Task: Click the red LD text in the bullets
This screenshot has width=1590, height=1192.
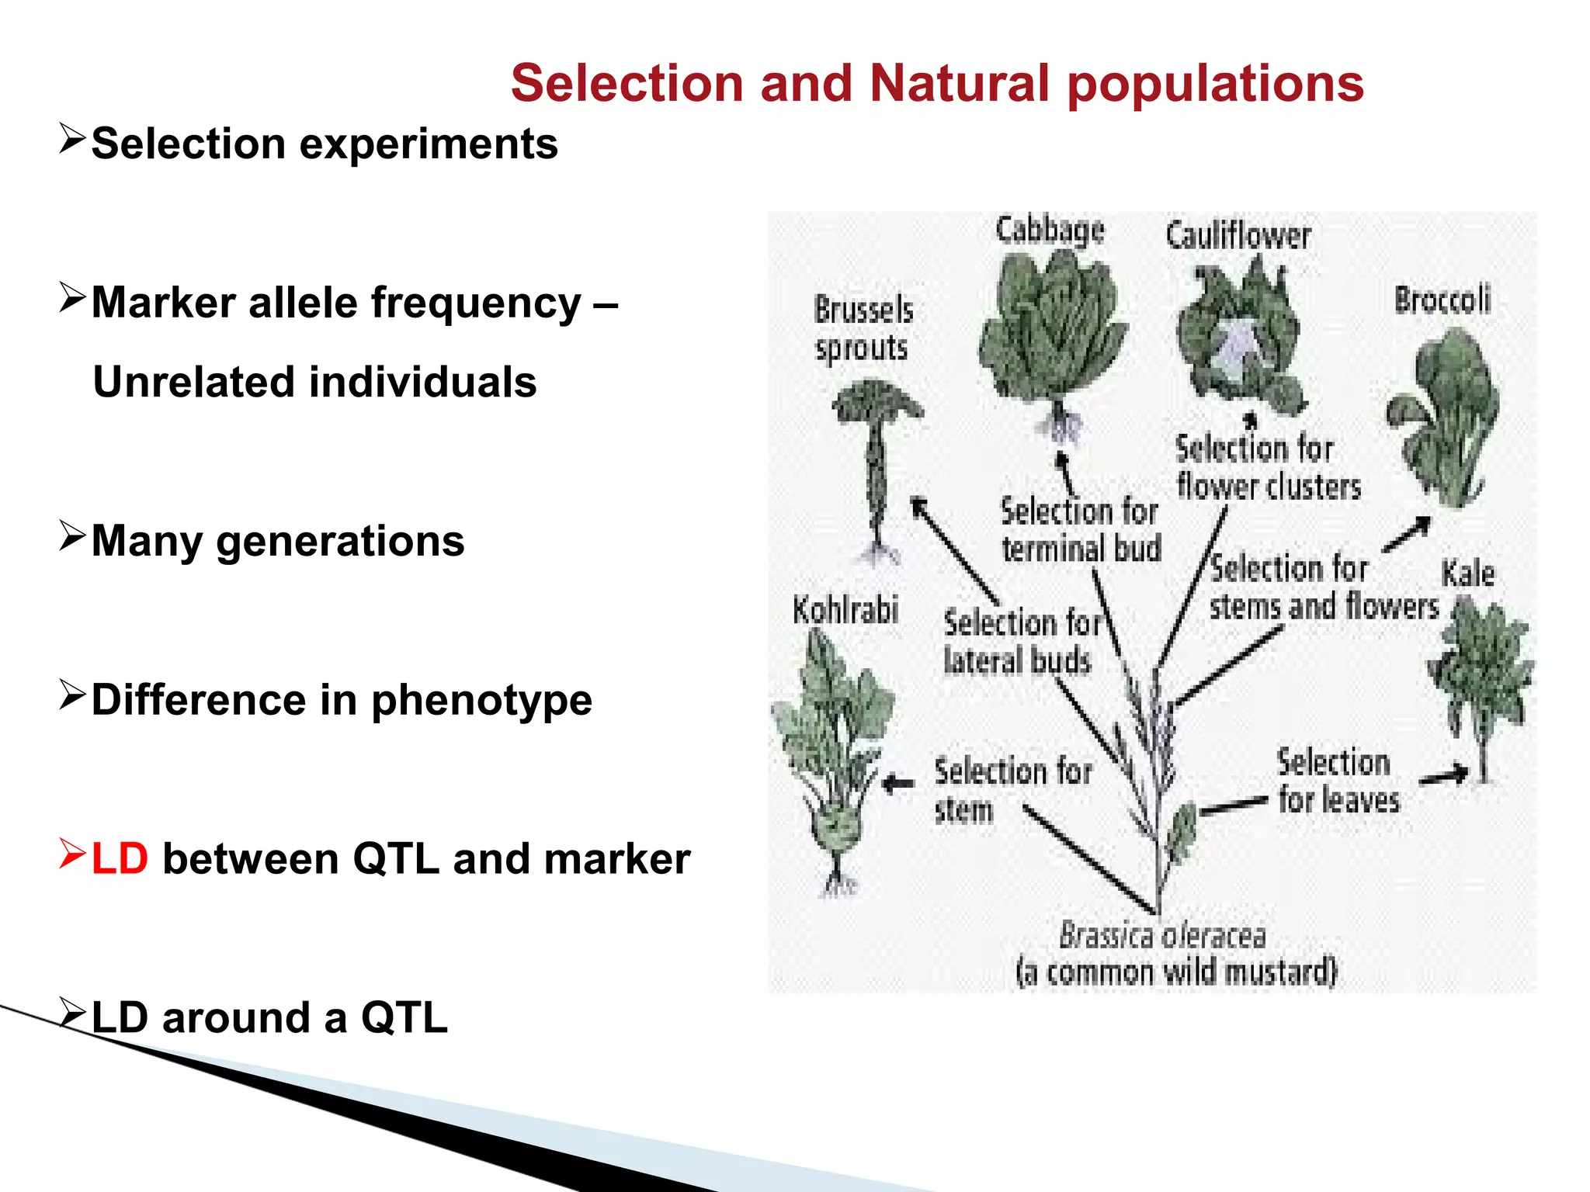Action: (x=120, y=860)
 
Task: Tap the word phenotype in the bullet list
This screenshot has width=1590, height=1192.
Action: (x=481, y=702)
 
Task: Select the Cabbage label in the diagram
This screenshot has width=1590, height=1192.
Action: (x=1050, y=231)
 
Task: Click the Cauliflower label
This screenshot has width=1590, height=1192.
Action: (x=1238, y=236)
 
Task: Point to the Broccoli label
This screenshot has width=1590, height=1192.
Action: (x=1442, y=300)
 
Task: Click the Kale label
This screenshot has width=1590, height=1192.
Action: (x=1467, y=574)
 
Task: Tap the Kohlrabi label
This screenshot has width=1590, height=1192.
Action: (x=845, y=610)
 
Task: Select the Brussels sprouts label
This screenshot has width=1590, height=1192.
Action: (x=863, y=329)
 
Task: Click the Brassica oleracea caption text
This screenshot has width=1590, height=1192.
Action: (x=1162, y=936)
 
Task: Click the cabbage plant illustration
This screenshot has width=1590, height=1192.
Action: (x=1052, y=334)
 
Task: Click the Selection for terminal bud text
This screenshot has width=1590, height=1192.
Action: (x=1080, y=530)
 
